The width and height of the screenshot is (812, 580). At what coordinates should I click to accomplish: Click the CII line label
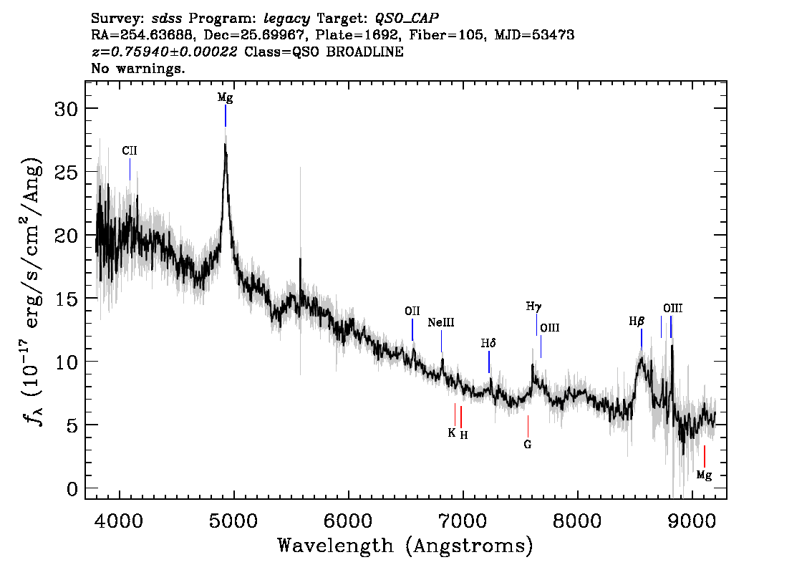[x=130, y=150]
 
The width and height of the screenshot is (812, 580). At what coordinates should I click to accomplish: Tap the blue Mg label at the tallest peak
[x=226, y=98]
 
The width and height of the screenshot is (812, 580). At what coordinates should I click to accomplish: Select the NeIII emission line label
[x=441, y=323]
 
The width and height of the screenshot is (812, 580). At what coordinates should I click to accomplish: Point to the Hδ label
[x=488, y=343]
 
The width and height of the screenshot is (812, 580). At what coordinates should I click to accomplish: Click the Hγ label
[x=534, y=306]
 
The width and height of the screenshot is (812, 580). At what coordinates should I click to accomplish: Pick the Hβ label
[x=637, y=322]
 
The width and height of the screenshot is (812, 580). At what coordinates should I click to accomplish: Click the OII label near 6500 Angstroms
[x=412, y=311]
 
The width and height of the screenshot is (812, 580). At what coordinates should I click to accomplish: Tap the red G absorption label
[x=527, y=445]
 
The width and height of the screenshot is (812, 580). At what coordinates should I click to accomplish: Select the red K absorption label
[x=452, y=433]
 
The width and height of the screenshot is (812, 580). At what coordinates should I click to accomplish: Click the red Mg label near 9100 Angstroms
[x=705, y=475]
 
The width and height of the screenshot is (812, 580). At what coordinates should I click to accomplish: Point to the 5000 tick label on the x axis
[x=233, y=521]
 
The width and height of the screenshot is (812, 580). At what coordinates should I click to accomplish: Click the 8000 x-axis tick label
[x=577, y=521]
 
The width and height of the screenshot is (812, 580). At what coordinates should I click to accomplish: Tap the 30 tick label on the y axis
[x=66, y=109]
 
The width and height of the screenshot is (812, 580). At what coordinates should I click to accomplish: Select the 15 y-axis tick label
[x=66, y=299]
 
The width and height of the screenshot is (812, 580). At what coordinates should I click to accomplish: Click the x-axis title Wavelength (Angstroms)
[x=405, y=546]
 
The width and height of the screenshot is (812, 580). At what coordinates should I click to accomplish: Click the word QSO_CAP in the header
[x=407, y=19]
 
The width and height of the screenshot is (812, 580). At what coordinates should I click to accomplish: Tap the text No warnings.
[x=137, y=68]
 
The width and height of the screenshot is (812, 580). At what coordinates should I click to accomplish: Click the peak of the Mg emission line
[x=225, y=144]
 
